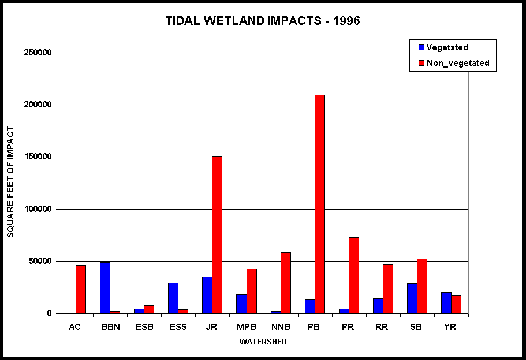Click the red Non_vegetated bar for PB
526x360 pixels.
coord(320,204)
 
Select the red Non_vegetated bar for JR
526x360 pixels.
coord(217,235)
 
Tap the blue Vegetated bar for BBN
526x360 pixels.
coord(105,288)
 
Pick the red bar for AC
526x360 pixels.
coord(81,289)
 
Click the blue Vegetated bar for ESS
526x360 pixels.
coord(173,298)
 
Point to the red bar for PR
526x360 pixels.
coord(354,276)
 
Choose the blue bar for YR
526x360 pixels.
coord(446,303)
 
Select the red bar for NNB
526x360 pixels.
coord(286,283)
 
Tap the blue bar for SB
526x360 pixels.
coord(412,298)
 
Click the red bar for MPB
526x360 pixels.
coord(252,291)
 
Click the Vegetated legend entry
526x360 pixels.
coord(443,47)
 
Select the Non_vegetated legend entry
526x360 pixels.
coord(454,63)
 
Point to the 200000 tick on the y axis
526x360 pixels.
coord(38,105)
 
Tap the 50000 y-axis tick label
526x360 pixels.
coord(40,261)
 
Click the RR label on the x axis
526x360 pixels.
coord(382,326)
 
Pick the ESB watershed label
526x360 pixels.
coord(144,326)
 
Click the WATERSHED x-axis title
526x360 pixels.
coord(263,342)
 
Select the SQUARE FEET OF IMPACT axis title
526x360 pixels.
coord(10,182)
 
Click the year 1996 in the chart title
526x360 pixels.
coord(346,20)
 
